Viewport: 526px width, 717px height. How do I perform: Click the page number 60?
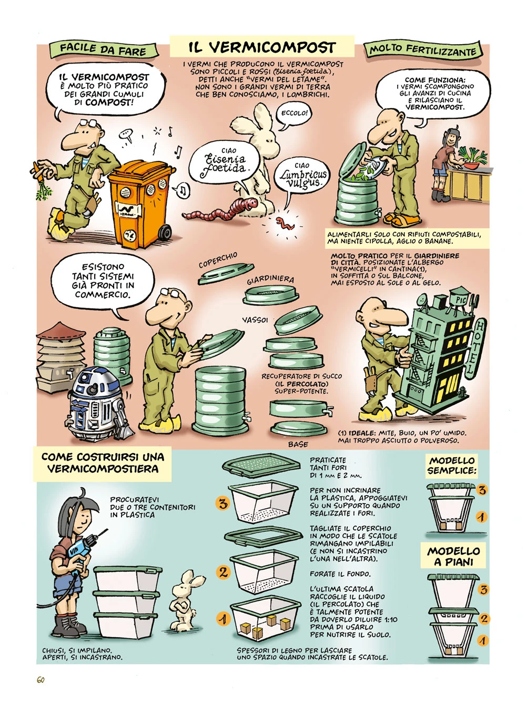point(41,680)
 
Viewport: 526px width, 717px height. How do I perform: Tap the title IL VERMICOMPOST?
point(262,48)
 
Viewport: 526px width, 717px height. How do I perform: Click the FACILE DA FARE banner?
point(103,49)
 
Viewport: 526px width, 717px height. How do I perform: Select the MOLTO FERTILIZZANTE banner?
point(423,50)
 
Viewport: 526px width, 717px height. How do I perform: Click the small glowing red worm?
point(285,223)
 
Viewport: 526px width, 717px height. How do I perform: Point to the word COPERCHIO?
point(218,260)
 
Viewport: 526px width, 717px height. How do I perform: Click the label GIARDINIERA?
point(270,280)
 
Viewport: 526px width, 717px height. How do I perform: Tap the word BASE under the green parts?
point(298,444)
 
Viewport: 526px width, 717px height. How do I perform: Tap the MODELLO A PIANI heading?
point(453,556)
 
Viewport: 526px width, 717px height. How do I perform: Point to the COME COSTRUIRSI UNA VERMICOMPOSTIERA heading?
point(103,463)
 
